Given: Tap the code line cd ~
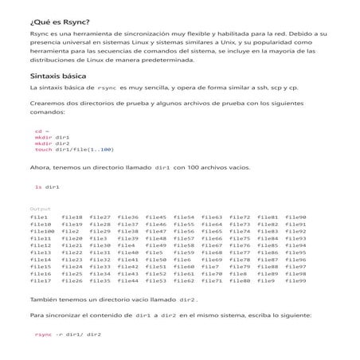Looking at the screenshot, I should (x=41, y=130).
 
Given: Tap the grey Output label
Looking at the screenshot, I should (x=40, y=209).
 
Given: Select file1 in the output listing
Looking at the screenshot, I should (x=39, y=217).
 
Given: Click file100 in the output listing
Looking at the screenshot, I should (x=42, y=231).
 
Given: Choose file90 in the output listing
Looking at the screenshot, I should (x=295, y=217).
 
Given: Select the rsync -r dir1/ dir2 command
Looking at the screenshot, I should (x=68, y=335).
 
